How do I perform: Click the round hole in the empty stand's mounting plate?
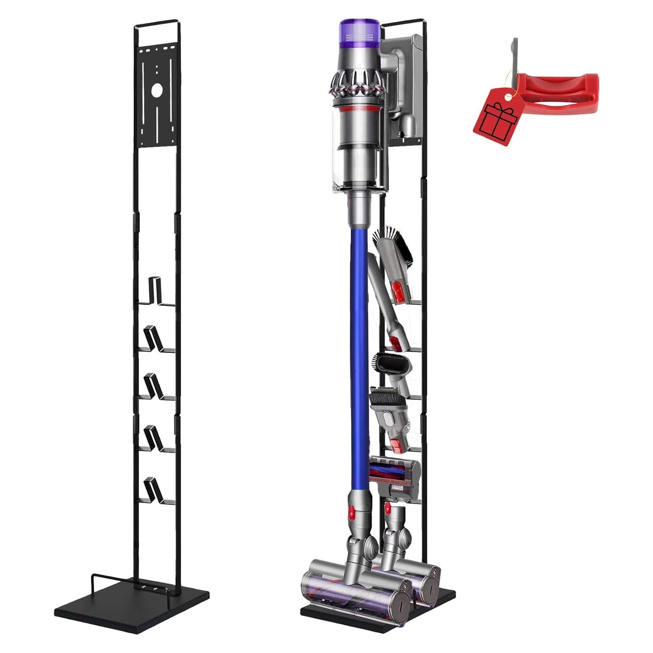157,91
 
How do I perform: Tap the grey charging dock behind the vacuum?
402,82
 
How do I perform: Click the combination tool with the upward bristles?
390,416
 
